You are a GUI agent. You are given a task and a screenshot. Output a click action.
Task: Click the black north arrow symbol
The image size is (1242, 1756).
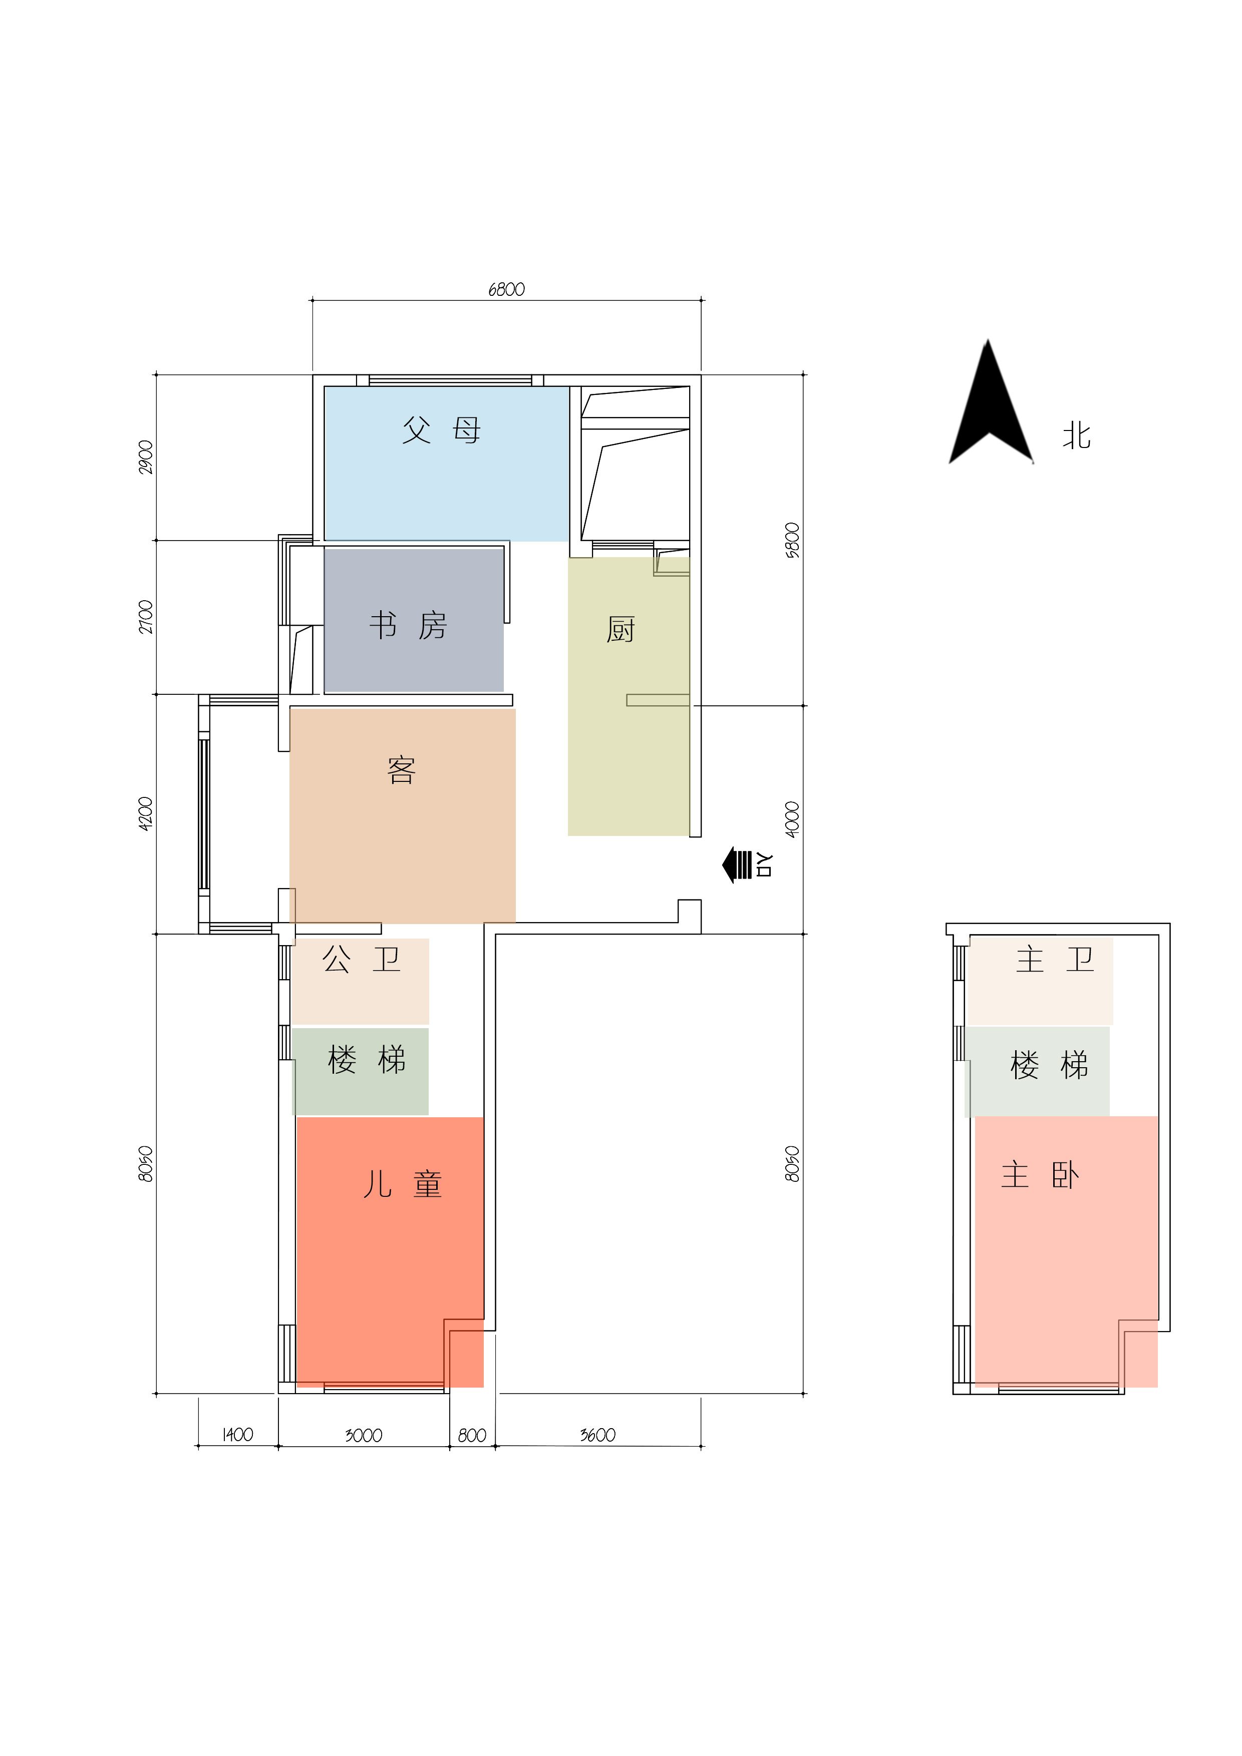[x=990, y=413]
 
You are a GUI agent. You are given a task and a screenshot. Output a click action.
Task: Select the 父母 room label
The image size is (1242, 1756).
[x=442, y=430]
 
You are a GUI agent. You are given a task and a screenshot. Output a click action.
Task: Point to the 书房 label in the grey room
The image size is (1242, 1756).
[x=408, y=626]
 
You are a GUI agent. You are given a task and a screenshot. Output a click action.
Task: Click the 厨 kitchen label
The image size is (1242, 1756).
[x=620, y=629]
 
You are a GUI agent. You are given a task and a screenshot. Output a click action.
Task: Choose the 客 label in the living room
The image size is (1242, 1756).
[x=402, y=770]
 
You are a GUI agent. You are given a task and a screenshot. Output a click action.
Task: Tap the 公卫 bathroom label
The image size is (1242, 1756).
[x=361, y=959]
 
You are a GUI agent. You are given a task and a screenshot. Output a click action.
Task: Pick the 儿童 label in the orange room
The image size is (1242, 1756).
[x=403, y=1184]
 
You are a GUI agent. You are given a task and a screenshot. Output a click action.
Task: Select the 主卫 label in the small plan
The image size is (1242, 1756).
[x=1055, y=959]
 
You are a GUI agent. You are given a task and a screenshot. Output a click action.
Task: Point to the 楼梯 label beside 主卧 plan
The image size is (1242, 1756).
[x=1049, y=1065]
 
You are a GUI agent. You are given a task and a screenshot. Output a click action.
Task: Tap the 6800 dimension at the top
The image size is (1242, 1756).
[x=507, y=289]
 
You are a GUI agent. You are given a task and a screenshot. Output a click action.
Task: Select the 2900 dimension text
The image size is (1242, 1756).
[x=145, y=458]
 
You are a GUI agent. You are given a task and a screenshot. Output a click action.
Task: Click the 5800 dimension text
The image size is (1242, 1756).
[x=792, y=540]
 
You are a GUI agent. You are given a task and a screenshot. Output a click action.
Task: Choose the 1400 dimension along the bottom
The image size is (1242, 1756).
[x=237, y=1435]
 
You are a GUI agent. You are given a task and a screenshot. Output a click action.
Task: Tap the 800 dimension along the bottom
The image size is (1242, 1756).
[x=472, y=1436]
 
